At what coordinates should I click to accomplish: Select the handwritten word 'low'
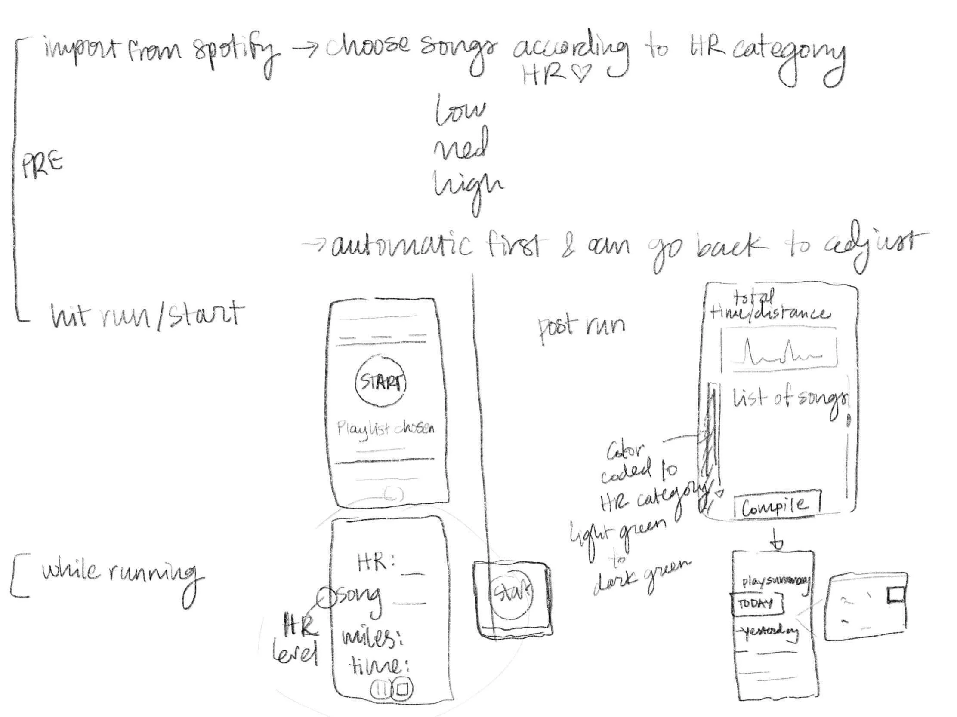(460, 110)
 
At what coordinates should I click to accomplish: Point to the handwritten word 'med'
(461, 146)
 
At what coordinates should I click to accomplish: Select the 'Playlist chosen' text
(386, 429)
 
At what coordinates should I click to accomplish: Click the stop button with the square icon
(402, 689)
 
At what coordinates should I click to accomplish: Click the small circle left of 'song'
(327, 598)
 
